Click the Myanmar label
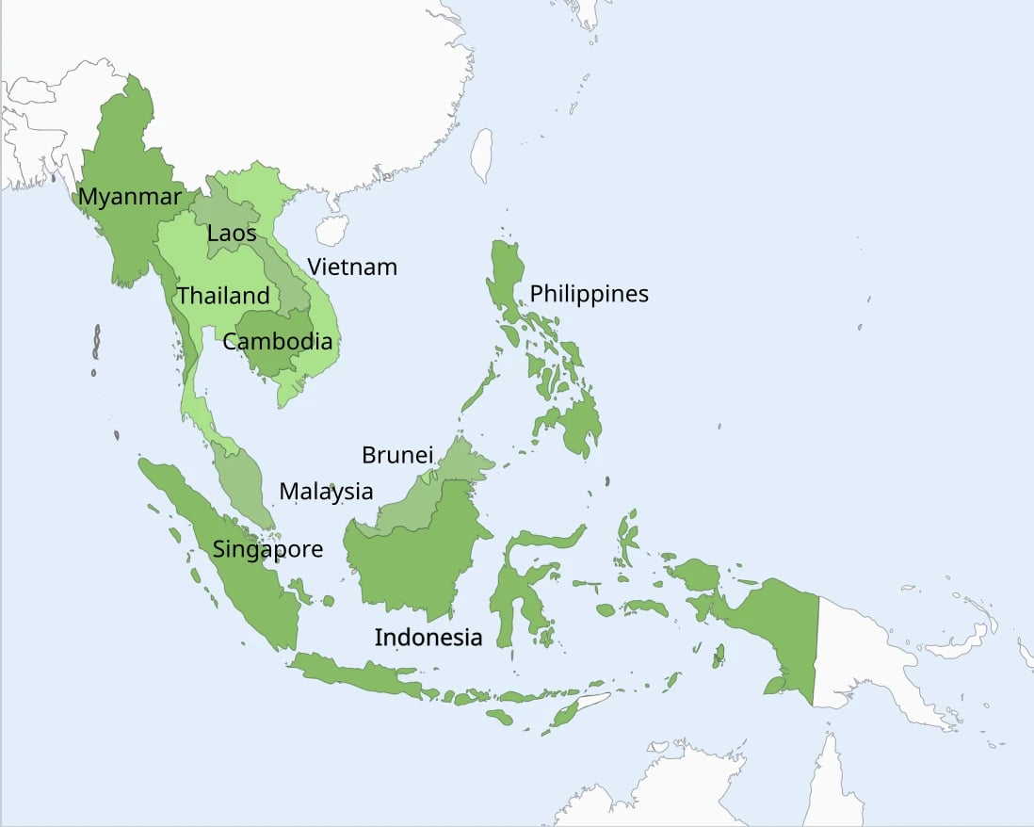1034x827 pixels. (x=130, y=197)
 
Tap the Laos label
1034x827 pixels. (x=232, y=232)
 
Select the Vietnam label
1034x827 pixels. (x=352, y=267)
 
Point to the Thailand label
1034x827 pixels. (x=223, y=296)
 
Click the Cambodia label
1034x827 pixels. (x=278, y=341)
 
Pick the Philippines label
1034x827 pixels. (x=589, y=294)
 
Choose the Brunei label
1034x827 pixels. (x=397, y=455)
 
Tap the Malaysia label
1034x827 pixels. (x=326, y=491)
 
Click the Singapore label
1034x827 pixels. (x=267, y=549)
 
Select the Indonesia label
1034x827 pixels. (x=428, y=638)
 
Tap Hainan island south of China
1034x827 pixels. (x=331, y=230)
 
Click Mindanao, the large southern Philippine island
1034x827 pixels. (x=574, y=424)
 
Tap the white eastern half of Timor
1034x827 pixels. (x=591, y=702)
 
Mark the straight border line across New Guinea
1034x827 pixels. (x=816, y=650)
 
